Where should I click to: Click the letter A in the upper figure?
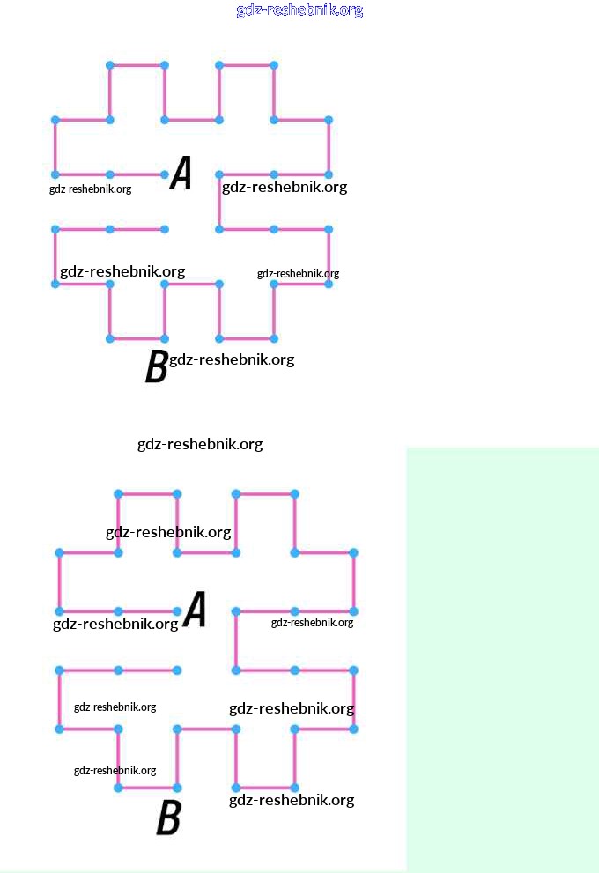(181, 173)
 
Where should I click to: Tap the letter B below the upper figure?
(157, 366)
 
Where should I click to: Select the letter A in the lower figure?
(194, 610)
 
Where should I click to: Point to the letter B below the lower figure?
(168, 818)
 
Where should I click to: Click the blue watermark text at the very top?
(299, 11)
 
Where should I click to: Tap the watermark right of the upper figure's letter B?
(232, 359)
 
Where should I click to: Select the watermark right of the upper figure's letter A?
(285, 187)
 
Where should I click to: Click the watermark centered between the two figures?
(200, 444)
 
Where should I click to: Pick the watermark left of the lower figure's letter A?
(115, 624)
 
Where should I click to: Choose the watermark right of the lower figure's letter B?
(292, 800)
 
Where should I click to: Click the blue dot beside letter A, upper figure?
(165, 174)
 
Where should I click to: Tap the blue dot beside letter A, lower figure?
(177, 611)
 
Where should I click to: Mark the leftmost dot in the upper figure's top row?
(110, 65)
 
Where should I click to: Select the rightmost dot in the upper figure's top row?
(274, 65)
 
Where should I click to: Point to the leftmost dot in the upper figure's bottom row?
(110, 338)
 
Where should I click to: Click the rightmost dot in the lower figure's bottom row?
(294, 788)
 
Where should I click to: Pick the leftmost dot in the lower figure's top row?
(118, 493)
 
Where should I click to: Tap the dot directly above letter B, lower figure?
(177, 788)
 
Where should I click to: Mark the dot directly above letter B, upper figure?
(165, 338)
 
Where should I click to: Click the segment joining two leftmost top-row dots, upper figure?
(137, 65)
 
